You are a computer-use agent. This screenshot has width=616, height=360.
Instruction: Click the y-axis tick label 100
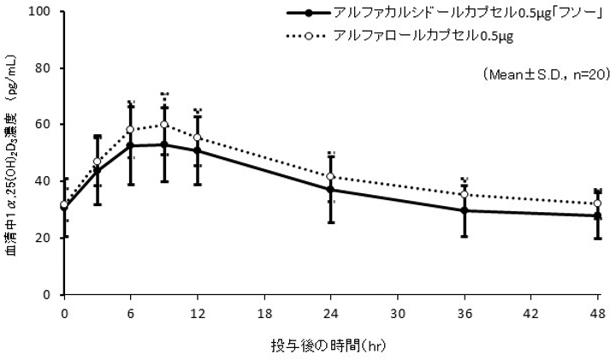click(41, 12)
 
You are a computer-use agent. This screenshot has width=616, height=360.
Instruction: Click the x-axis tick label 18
click(264, 313)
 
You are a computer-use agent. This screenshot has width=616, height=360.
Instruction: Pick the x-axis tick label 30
click(397, 313)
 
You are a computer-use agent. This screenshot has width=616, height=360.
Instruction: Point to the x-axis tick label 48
click(597, 313)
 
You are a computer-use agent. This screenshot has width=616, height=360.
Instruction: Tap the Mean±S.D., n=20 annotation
click(545, 75)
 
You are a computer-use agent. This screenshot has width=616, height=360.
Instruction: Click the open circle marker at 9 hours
click(164, 125)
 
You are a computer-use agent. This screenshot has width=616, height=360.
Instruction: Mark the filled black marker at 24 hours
click(330, 190)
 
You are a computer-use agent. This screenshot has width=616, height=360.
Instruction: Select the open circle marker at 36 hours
click(464, 195)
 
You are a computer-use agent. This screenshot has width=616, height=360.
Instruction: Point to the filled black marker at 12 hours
click(198, 150)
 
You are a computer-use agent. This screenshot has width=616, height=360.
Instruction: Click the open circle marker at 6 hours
click(131, 130)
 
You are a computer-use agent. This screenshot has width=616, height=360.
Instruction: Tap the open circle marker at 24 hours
click(330, 177)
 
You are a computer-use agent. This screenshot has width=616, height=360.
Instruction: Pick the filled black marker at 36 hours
click(464, 210)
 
